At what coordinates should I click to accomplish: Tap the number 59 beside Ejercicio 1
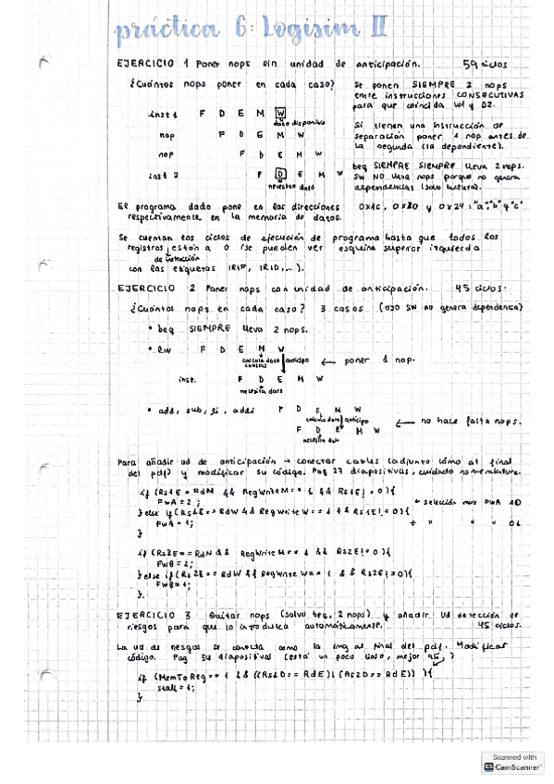click(x=470, y=64)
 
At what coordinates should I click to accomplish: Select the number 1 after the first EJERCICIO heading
click(x=186, y=64)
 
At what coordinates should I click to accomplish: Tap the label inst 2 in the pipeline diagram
click(x=163, y=174)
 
